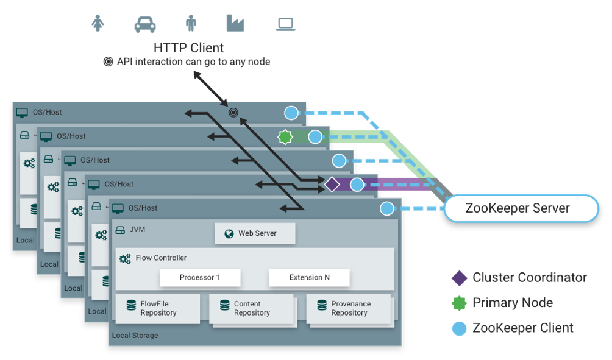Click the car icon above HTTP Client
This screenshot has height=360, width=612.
(x=145, y=24)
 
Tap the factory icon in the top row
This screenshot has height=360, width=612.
(x=235, y=23)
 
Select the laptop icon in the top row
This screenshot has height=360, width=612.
(x=285, y=24)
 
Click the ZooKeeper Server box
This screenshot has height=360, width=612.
(x=521, y=208)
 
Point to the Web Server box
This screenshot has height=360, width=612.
(x=255, y=233)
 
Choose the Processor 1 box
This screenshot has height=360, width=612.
(x=200, y=277)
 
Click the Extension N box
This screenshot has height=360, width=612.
(x=309, y=277)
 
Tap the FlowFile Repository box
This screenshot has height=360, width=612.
(x=158, y=308)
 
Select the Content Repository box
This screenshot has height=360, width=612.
(x=251, y=308)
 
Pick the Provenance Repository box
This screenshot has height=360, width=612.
(x=349, y=308)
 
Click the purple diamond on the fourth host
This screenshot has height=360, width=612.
(x=332, y=185)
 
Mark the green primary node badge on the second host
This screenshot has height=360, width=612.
(x=285, y=137)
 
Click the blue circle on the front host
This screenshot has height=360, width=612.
(x=387, y=209)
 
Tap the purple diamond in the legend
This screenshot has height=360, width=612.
(x=460, y=278)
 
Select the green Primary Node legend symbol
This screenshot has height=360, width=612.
(x=460, y=303)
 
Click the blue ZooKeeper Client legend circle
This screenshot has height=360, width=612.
(x=460, y=328)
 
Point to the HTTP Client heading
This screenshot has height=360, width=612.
(x=188, y=48)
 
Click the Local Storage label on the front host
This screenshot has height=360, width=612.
(x=135, y=336)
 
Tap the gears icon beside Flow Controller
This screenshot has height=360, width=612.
(x=125, y=259)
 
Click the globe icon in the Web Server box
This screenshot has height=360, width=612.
(x=229, y=234)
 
